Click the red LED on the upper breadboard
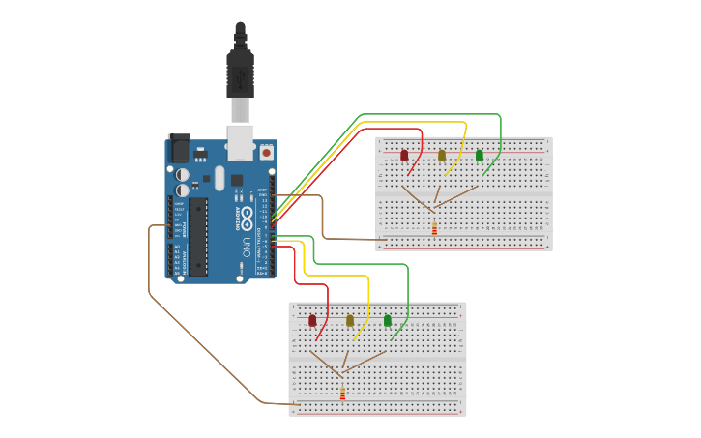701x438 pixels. (x=404, y=155)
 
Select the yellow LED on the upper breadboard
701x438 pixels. (x=442, y=155)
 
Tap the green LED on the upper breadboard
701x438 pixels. (x=479, y=155)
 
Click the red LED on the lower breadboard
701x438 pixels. (x=312, y=320)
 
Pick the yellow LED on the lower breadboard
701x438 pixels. (x=350, y=320)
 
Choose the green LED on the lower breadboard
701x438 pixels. (x=388, y=320)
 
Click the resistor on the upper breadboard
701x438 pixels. (x=434, y=228)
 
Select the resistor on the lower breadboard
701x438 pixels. (x=342, y=394)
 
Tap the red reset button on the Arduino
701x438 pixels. (x=266, y=153)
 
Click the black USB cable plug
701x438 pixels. (x=240, y=73)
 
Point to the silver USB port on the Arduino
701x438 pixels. (x=241, y=141)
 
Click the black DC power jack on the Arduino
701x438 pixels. (x=179, y=149)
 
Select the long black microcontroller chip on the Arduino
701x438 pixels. (x=198, y=236)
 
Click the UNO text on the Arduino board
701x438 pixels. (x=247, y=246)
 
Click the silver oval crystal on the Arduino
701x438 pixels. (x=219, y=178)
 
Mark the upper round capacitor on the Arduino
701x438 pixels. (x=183, y=175)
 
